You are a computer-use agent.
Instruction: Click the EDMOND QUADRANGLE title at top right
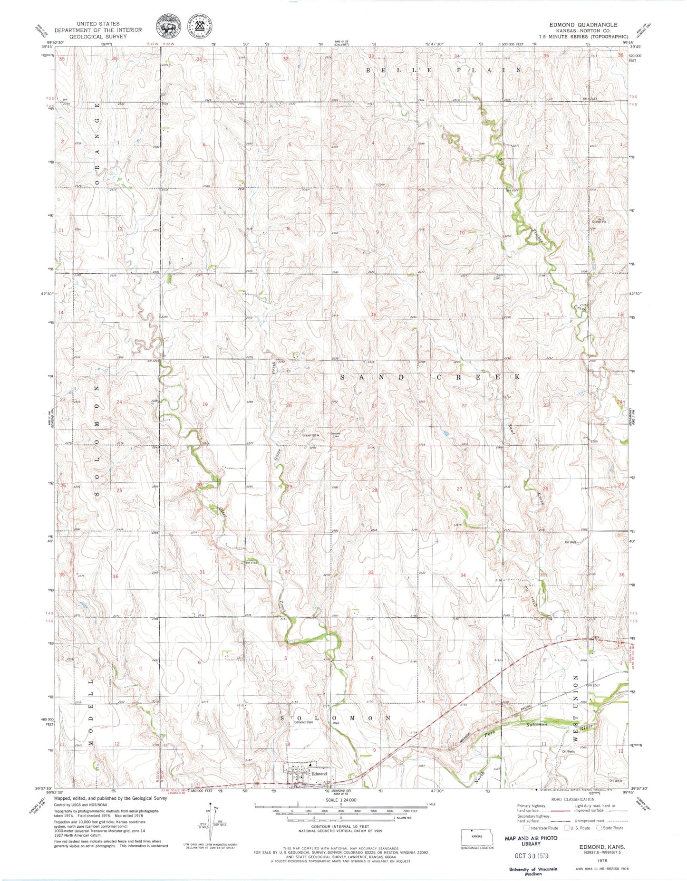point(583,24)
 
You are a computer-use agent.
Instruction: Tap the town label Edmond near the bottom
point(319,774)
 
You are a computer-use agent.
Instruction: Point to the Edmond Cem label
point(303,722)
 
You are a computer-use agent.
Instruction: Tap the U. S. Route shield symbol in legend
point(567,827)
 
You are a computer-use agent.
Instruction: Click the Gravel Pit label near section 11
point(600,221)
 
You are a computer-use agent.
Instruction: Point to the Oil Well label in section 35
point(570,542)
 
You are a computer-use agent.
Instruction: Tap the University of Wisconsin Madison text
point(532,871)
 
